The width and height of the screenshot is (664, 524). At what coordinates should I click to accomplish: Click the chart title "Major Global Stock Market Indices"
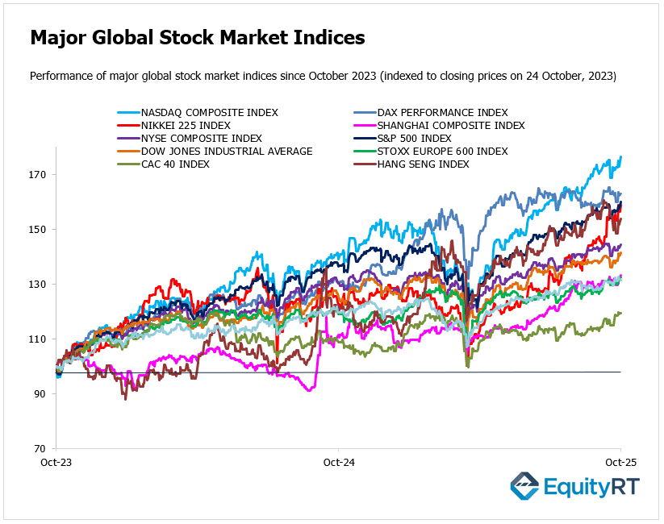coord(198,38)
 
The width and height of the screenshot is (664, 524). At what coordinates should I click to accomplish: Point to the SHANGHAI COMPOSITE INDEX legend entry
coord(453,126)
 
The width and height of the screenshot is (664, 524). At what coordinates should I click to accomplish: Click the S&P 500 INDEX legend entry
coord(424,139)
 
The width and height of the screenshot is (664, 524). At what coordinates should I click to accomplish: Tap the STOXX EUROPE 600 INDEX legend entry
coord(445,152)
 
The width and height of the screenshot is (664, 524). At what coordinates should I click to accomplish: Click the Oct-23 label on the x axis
coord(56,463)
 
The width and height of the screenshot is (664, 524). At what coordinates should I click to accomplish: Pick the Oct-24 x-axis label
coord(338,463)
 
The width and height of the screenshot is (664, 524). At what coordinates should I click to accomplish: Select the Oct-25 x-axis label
coord(620,463)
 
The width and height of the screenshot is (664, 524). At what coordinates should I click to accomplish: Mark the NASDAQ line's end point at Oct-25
coord(620,157)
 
